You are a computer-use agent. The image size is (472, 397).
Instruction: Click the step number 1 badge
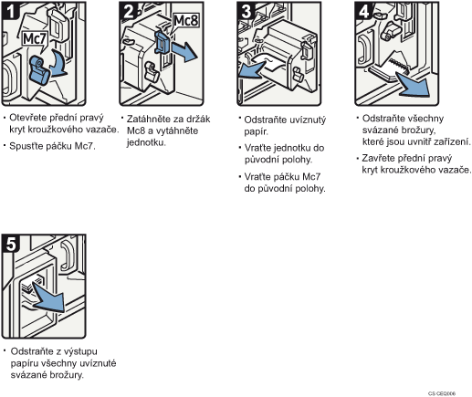pos(10,11)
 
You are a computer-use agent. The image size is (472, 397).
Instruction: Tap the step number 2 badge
pos(128,11)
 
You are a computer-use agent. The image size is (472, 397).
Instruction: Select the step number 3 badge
pos(246,11)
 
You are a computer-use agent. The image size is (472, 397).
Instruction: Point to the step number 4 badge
pos(363,11)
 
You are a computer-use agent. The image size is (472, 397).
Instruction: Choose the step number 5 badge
pos(11,244)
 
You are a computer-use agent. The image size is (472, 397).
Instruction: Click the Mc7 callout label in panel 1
pos(35,39)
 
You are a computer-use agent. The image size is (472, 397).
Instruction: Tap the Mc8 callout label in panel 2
pos(186,21)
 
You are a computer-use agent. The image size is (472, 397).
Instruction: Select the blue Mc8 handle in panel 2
pos(163,43)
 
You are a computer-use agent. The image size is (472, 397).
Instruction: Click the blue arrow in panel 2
pos(184,51)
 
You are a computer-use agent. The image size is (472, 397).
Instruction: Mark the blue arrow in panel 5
pos(49,298)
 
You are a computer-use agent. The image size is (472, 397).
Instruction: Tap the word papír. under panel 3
pos(256,132)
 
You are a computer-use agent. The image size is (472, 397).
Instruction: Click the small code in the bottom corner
pos(442,393)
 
